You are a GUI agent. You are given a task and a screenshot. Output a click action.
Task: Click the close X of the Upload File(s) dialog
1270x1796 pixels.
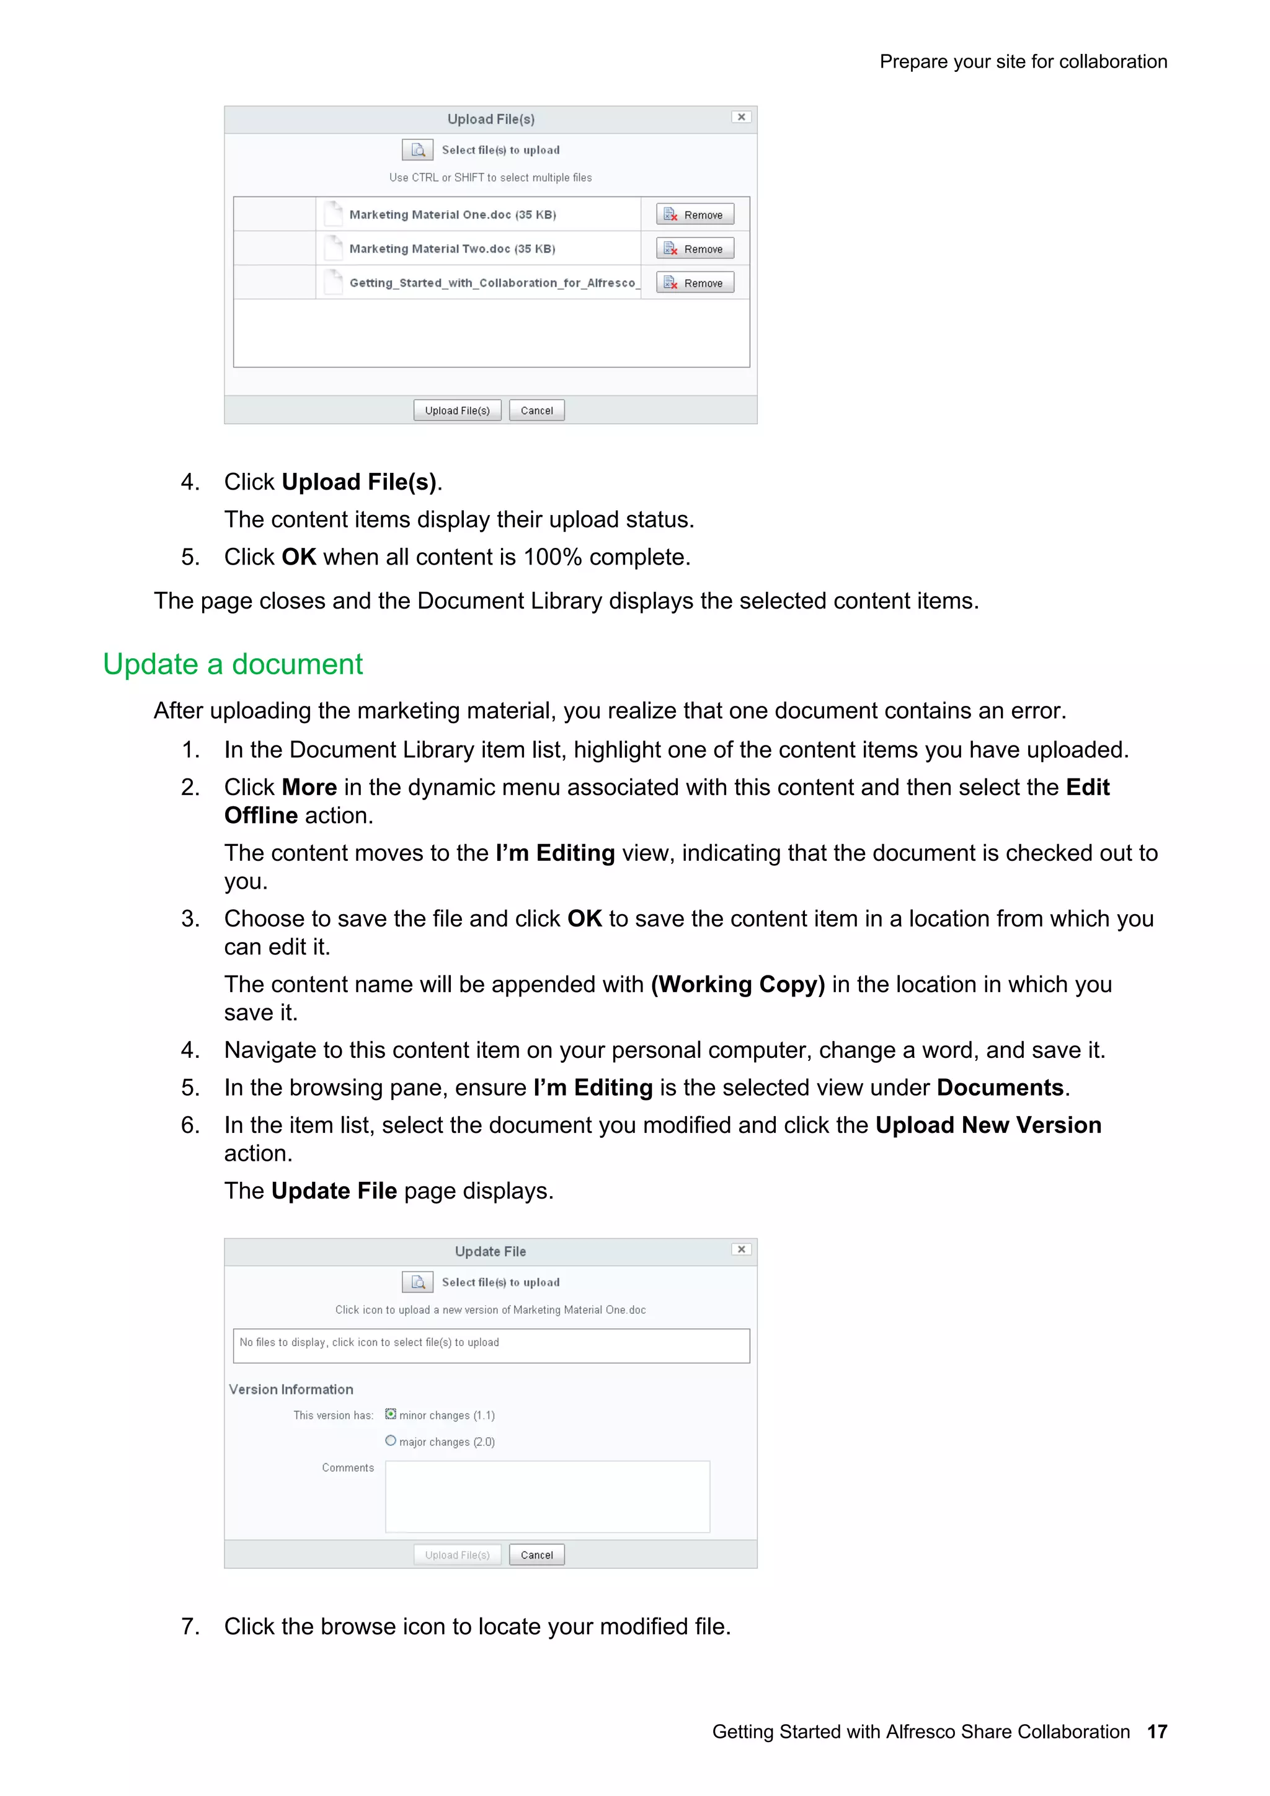741,117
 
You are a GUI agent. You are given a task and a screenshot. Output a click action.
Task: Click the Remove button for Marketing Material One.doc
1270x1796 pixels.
695,214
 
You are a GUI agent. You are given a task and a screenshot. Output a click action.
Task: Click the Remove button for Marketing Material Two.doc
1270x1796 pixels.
695,249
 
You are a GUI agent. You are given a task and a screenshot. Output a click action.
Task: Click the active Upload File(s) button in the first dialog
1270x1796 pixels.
457,411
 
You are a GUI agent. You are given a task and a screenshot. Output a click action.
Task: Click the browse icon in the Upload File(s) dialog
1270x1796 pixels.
417,149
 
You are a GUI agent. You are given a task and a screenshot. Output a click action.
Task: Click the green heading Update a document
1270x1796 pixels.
233,664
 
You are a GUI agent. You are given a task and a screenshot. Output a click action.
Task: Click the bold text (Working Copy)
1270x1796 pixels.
737,984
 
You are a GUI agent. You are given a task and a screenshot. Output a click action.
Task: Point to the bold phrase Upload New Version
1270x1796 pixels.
987,1125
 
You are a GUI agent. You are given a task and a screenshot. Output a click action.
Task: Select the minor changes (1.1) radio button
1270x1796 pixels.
391,1414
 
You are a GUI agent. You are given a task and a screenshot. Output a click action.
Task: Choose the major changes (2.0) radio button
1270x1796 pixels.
391,1441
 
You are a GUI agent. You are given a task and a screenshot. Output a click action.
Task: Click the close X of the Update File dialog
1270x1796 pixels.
741,1250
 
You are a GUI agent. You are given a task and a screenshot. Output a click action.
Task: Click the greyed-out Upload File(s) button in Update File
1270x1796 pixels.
457,1555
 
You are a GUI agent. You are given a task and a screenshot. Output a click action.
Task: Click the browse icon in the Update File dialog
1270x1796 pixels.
417,1282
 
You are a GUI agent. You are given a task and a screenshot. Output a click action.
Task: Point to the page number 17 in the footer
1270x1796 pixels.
1157,1732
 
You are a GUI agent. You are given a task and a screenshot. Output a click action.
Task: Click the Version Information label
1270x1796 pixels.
291,1389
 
